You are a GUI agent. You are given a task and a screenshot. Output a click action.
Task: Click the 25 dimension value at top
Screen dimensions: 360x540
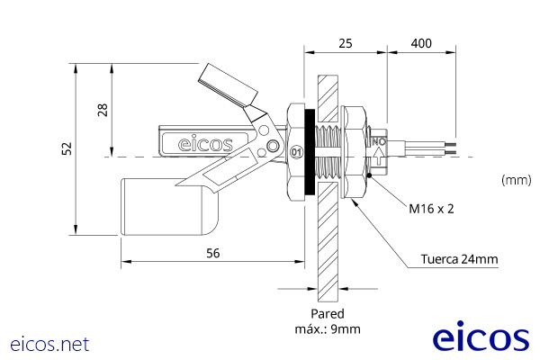coord(346,43)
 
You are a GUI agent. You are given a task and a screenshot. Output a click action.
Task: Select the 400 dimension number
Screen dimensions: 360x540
coord(421,43)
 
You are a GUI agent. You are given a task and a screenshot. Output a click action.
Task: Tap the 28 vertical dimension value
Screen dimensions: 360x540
coord(103,110)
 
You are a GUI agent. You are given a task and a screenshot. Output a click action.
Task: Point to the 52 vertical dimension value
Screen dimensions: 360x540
coord(66,149)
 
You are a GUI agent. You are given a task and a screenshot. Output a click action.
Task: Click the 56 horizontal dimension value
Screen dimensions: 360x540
coord(212,253)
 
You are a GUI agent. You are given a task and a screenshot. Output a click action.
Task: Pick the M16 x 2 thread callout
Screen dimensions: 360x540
coord(431,208)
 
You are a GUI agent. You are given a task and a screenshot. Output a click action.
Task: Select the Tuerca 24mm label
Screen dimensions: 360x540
coord(459,260)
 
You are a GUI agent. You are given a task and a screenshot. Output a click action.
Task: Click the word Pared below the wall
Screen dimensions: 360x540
coord(328,314)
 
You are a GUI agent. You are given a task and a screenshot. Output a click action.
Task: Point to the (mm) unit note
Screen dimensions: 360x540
coord(516,180)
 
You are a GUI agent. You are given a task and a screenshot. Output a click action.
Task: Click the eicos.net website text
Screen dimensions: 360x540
coord(49,344)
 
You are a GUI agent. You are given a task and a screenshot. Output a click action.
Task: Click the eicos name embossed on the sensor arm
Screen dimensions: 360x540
coord(205,143)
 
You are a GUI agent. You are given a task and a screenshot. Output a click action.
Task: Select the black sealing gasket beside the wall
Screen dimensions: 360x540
coord(310,153)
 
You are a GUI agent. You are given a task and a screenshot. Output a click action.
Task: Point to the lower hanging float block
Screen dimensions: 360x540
coord(169,207)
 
